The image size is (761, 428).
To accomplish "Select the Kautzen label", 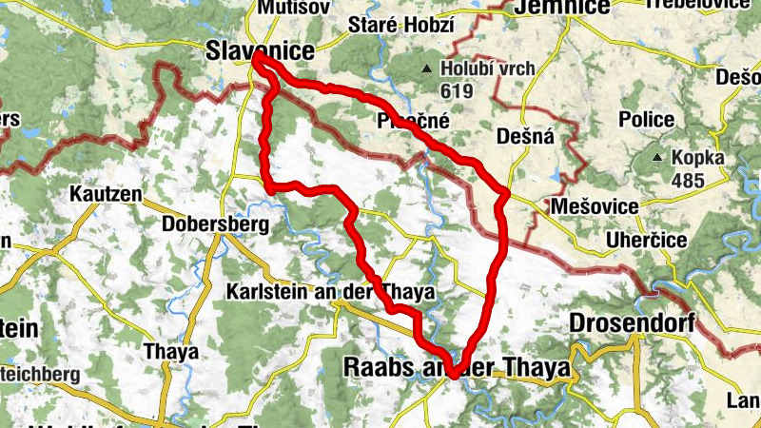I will (106, 194).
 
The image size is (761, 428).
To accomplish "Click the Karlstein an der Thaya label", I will (329, 293).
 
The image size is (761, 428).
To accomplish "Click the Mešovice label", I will (589, 205).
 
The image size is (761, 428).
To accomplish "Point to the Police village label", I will (646, 120).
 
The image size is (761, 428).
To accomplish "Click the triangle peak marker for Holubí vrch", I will (427, 68).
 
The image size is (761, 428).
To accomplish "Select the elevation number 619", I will (456, 90).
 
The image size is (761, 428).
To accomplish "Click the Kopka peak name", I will (697, 158).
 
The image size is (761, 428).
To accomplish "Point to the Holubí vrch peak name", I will (480, 68).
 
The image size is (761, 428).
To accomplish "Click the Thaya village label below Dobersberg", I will (171, 351).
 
